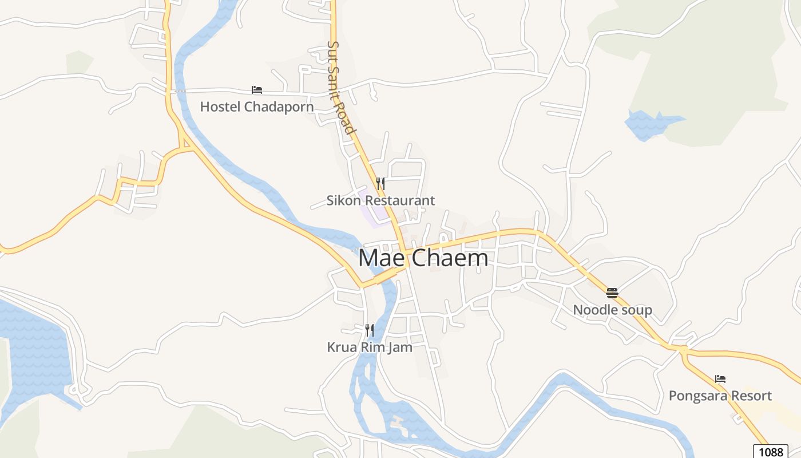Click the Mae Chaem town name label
coord(423,258)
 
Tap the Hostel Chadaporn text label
coord(257,106)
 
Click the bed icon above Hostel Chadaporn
coord(257,90)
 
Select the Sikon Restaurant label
coord(380,200)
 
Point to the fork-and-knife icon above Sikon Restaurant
coord(380,184)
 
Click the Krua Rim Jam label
coord(370,347)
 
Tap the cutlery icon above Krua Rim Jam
coord(370,330)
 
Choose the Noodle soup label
coord(612,310)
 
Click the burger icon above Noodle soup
coord(612,293)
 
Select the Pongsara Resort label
coord(720,396)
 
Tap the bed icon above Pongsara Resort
coord(720,379)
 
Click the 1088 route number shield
coord(769,452)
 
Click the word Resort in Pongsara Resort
coord(750,396)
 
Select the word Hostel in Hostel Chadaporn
coord(220,106)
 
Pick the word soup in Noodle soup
coord(637,310)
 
